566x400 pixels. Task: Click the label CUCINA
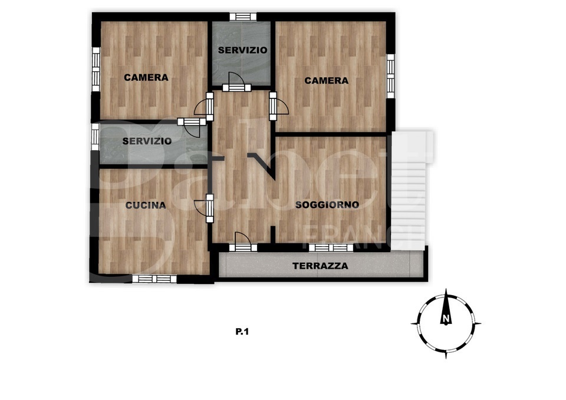tap(146, 206)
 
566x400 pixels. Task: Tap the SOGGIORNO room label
tap(327, 205)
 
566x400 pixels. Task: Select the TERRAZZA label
tap(320, 266)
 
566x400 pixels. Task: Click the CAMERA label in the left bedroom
tap(146, 77)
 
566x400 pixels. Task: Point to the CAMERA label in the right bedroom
tap(327, 81)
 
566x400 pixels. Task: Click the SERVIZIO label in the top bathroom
tap(242, 51)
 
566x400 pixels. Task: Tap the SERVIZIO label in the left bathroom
tap(147, 141)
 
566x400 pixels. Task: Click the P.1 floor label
tap(243, 332)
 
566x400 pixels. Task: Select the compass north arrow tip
tap(446, 292)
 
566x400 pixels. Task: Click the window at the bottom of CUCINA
tap(153, 279)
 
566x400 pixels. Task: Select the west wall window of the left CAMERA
tap(96, 69)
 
